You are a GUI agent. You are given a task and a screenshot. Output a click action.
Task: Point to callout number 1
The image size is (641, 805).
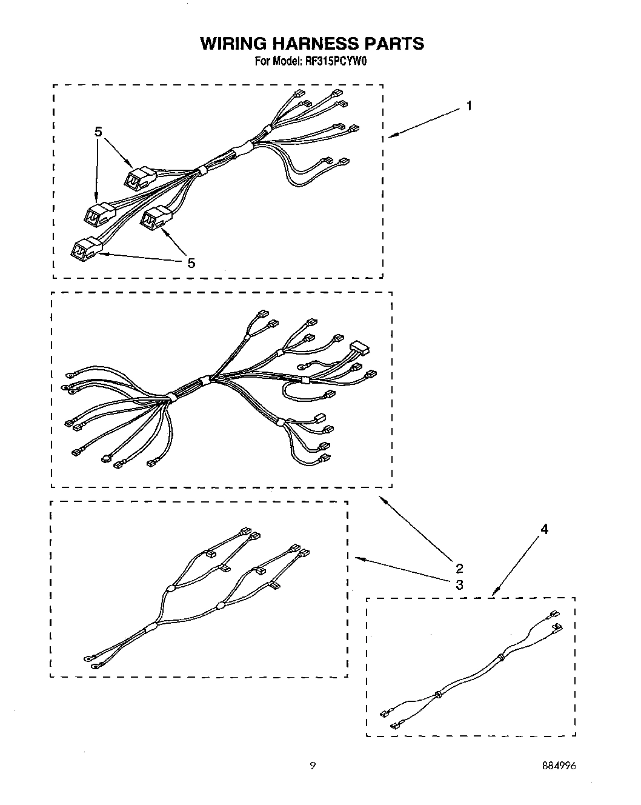[469, 106]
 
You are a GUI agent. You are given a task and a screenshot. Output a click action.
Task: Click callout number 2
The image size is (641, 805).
[459, 568]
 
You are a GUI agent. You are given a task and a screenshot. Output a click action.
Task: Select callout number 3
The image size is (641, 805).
[459, 584]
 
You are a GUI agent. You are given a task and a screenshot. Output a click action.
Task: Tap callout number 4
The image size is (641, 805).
[544, 529]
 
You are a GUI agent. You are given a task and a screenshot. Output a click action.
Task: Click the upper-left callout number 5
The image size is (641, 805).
[99, 132]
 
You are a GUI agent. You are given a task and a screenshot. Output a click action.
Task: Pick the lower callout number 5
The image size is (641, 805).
[191, 262]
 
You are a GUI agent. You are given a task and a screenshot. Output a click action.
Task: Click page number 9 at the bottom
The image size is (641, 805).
[313, 766]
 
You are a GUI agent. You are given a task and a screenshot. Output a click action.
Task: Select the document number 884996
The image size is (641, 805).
[560, 766]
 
